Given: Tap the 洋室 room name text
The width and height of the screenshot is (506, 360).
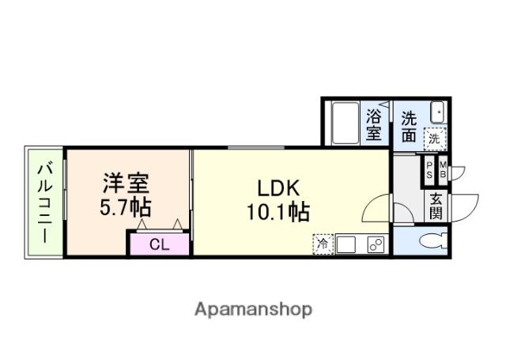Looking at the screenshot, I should click(126, 184).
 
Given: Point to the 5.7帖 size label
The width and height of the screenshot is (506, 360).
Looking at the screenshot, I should click(126, 208).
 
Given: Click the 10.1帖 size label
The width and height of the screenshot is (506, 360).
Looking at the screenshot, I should click(277, 212).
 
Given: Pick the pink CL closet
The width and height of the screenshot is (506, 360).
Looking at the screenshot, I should click(160, 244).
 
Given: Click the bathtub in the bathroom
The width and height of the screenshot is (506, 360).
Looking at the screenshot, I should click(345, 122).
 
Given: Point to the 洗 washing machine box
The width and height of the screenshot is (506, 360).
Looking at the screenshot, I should click(434, 138).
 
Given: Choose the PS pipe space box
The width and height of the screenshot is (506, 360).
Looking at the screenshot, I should click(429, 169).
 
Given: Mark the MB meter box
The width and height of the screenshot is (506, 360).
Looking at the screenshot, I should click(442, 169).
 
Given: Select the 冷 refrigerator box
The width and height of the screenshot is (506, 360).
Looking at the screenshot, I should click(323, 244).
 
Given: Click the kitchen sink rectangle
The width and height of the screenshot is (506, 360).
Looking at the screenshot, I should click(347, 244).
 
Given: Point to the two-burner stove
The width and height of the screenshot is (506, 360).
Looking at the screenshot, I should click(375, 244).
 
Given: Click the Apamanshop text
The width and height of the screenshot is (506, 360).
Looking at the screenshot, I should click(253, 309).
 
